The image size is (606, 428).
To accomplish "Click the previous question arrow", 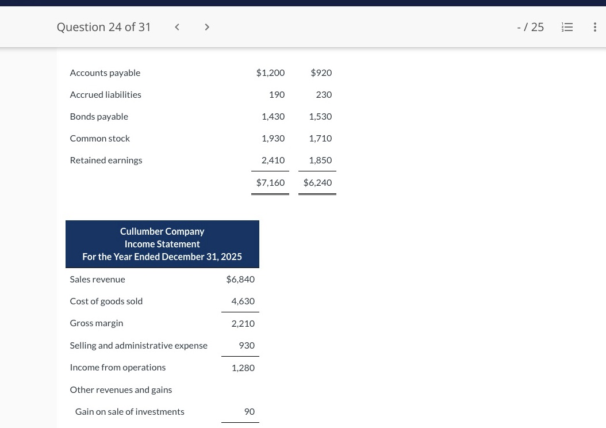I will (177, 27).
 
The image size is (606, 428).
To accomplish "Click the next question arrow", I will (207, 27).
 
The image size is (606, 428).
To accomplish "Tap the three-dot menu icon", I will (595, 27).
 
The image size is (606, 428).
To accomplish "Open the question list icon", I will (567, 27).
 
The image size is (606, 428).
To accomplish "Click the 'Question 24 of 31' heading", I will (103, 27).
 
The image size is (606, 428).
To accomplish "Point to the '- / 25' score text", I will (530, 27).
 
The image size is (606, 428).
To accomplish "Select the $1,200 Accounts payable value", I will (270, 72).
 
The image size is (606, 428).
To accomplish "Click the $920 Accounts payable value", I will (321, 72).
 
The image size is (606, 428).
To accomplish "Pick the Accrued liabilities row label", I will (105, 94).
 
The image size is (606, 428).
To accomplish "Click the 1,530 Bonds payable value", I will (320, 116).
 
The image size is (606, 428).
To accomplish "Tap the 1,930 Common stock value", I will (273, 138).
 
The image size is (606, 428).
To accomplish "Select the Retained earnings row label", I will (106, 160).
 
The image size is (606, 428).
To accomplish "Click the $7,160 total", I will (270, 182).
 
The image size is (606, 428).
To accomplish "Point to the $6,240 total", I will (317, 182).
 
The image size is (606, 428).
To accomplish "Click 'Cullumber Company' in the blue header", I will (162, 231).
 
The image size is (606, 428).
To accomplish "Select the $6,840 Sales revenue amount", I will (240, 279).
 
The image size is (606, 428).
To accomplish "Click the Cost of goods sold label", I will (106, 301).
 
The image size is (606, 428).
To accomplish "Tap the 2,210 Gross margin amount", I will (243, 323).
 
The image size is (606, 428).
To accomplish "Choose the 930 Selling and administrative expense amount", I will (247, 345).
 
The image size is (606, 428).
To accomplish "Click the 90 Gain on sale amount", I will (250, 411).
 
